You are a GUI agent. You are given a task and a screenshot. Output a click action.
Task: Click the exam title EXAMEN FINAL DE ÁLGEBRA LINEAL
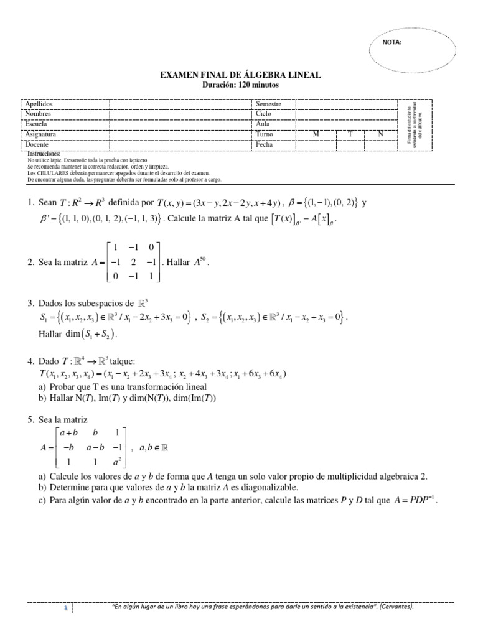click(x=241, y=75)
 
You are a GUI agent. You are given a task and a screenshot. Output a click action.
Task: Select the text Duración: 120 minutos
click(x=241, y=84)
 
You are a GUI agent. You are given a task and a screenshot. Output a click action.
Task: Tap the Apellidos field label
click(x=39, y=104)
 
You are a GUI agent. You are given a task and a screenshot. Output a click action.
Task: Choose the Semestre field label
click(x=269, y=104)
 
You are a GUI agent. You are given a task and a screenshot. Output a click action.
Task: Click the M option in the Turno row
click(x=316, y=134)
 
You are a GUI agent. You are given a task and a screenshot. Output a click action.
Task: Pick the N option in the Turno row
click(x=381, y=134)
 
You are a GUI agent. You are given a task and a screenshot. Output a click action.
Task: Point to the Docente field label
click(x=37, y=144)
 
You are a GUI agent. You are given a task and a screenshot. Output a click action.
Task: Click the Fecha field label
click(x=265, y=144)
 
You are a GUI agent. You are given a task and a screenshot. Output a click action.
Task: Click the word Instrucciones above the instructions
click(x=44, y=153)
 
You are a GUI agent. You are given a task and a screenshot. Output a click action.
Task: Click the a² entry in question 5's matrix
click(x=118, y=462)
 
